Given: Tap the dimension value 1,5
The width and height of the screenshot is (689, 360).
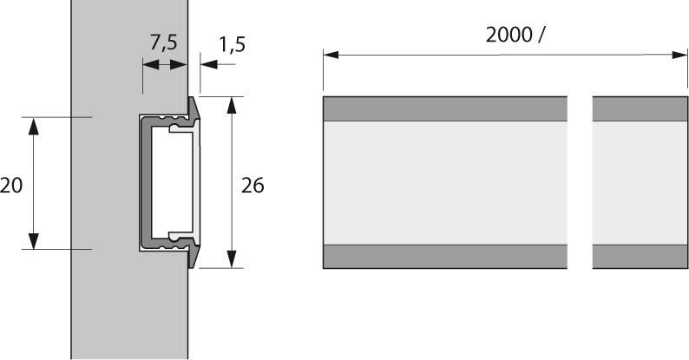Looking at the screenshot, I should tap(231, 44).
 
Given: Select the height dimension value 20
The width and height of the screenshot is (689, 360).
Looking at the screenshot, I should tap(11, 185).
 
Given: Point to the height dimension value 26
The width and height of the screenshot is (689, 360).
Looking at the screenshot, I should tap(253, 185).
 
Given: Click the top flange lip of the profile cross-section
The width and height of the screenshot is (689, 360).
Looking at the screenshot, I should tap(194, 108).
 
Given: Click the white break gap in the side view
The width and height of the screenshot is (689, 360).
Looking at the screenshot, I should tap(580, 182).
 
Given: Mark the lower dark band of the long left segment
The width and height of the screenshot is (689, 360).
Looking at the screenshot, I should tap(445, 256).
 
